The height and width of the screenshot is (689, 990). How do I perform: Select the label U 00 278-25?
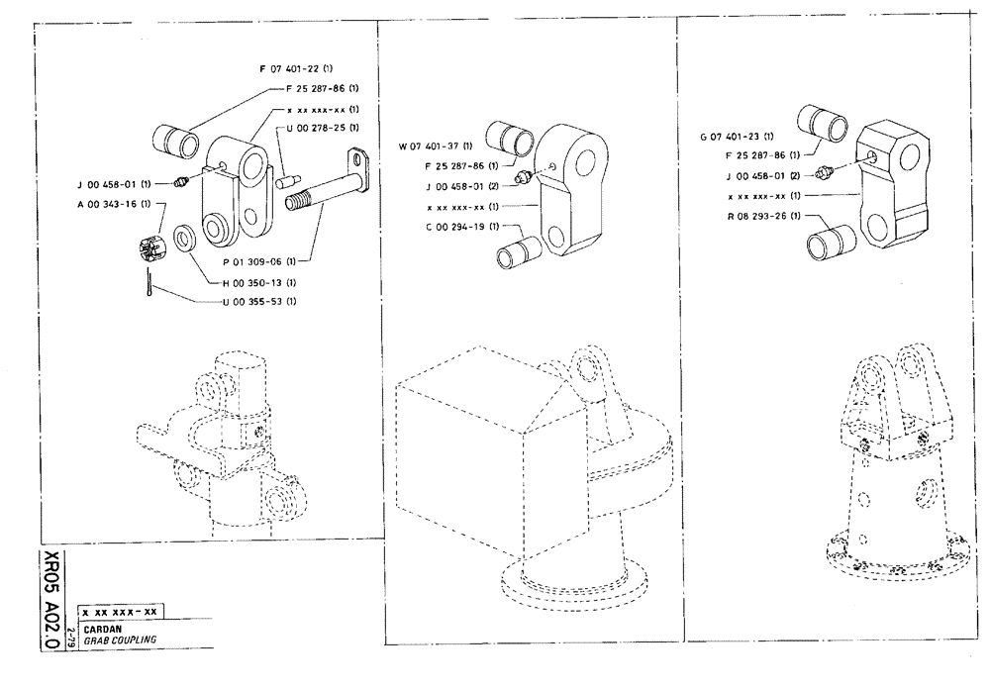tap(321, 128)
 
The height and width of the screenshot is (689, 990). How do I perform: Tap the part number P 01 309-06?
tap(252, 262)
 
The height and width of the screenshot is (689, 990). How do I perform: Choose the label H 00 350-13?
tap(243, 282)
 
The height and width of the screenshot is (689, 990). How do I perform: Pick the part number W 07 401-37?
tap(435, 148)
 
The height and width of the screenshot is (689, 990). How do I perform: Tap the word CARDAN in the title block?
tap(101, 628)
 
